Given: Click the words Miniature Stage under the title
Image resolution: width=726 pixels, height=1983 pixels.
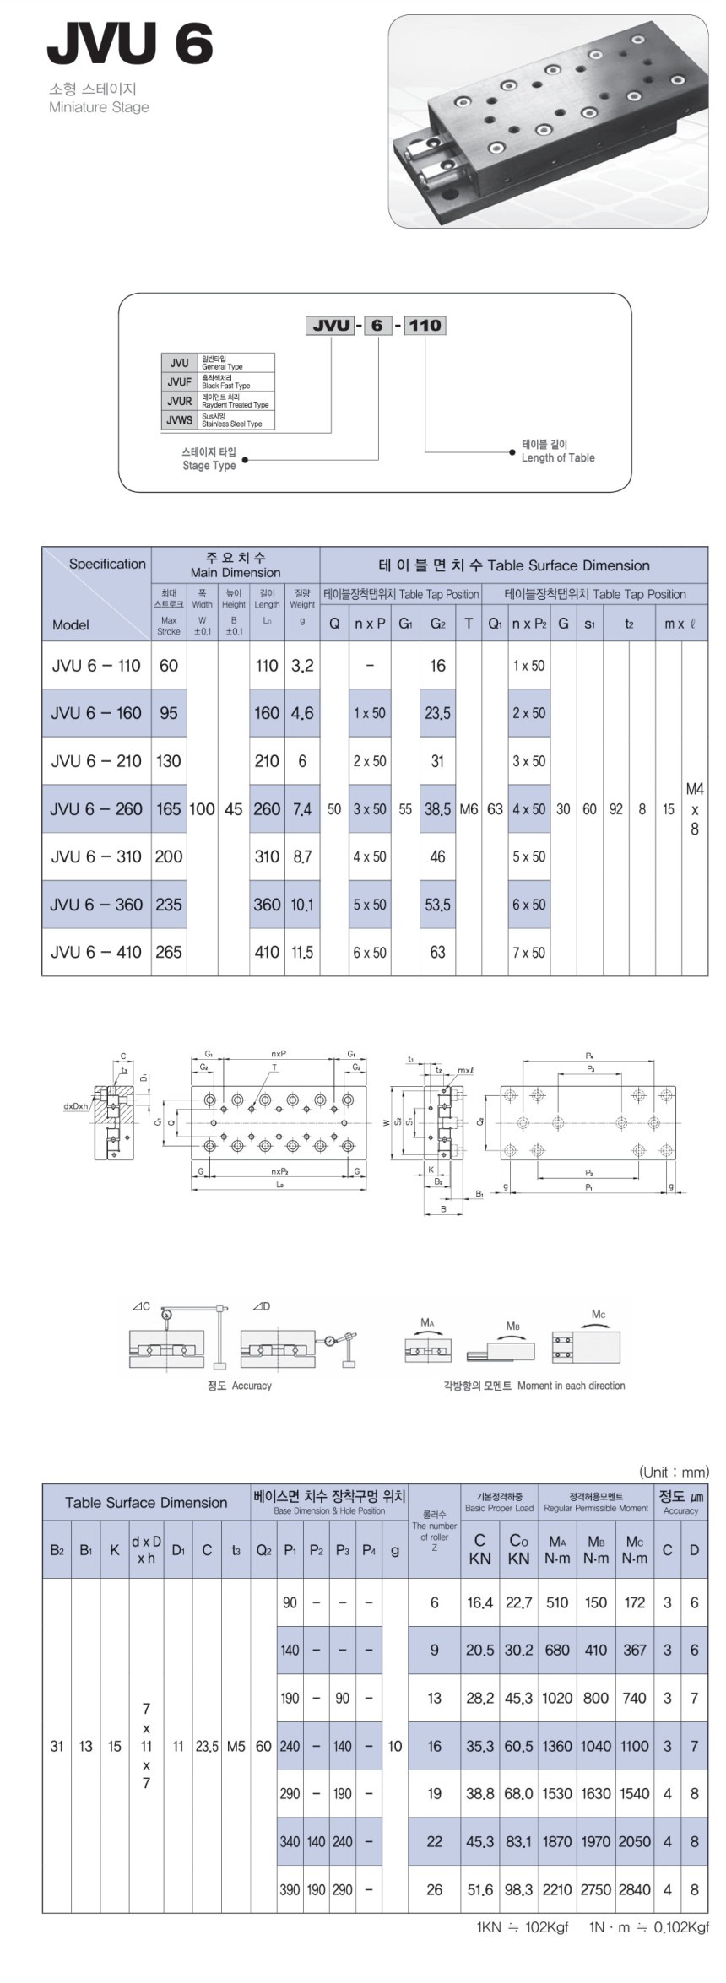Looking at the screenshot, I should click(99, 108).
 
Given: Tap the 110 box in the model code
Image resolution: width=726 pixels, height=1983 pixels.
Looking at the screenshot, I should click(425, 325).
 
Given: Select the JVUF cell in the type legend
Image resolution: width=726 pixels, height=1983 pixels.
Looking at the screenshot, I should click(179, 382).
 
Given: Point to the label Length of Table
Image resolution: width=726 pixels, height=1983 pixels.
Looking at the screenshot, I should click(557, 457).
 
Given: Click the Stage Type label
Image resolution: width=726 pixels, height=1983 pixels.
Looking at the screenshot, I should click(209, 465).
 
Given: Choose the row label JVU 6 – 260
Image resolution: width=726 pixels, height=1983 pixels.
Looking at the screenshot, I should click(95, 809).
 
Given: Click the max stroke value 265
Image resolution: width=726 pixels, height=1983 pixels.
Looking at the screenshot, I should click(168, 952).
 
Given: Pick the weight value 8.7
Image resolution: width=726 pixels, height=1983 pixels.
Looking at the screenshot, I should click(301, 856).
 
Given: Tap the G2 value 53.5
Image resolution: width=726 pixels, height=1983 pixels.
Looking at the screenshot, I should click(437, 905).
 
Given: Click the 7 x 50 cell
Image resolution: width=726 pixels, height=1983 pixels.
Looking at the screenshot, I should click(528, 953).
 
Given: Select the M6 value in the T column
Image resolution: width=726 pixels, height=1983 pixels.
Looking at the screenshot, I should click(469, 809).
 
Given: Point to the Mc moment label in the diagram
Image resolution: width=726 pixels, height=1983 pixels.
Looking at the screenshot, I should click(598, 1315).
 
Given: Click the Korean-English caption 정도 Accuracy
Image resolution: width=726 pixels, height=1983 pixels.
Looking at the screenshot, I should click(239, 1386).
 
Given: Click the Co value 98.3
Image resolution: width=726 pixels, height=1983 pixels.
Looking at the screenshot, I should click(518, 1889).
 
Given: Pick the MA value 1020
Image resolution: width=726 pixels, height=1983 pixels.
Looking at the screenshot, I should click(557, 1698).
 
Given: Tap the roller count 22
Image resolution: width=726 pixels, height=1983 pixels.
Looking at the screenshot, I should click(434, 1841).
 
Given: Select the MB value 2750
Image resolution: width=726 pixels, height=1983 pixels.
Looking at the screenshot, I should click(596, 1889).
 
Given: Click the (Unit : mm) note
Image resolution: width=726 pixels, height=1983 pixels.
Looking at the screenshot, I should click(674, 1472).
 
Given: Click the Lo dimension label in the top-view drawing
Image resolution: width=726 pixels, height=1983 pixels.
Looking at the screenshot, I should click(279, 1185).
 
